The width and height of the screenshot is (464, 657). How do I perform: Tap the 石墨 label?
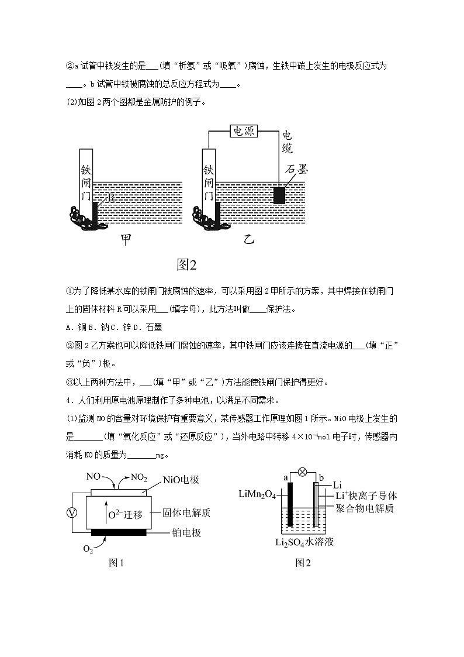coord(296,169)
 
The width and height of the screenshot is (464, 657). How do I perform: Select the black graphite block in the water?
coord(279,195)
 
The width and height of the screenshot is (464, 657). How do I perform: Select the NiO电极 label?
coord(182,480)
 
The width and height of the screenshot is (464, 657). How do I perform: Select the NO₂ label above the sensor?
coord(138,477)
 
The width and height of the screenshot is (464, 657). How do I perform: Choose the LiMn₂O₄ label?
coord(259,494)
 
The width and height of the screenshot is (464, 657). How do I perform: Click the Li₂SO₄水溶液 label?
coord(304,542)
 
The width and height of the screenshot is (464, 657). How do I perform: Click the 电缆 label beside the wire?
coord(287,142)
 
